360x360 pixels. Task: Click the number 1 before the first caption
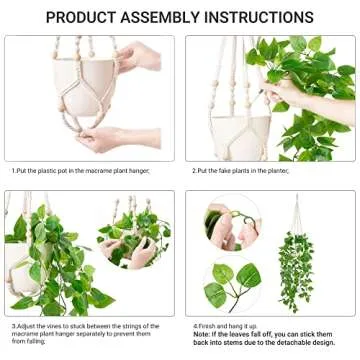[13, 171]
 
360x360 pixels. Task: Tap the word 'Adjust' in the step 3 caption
[32, 325]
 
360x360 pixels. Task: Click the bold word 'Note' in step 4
[200, 334]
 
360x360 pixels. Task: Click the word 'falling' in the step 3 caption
[37, 343]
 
